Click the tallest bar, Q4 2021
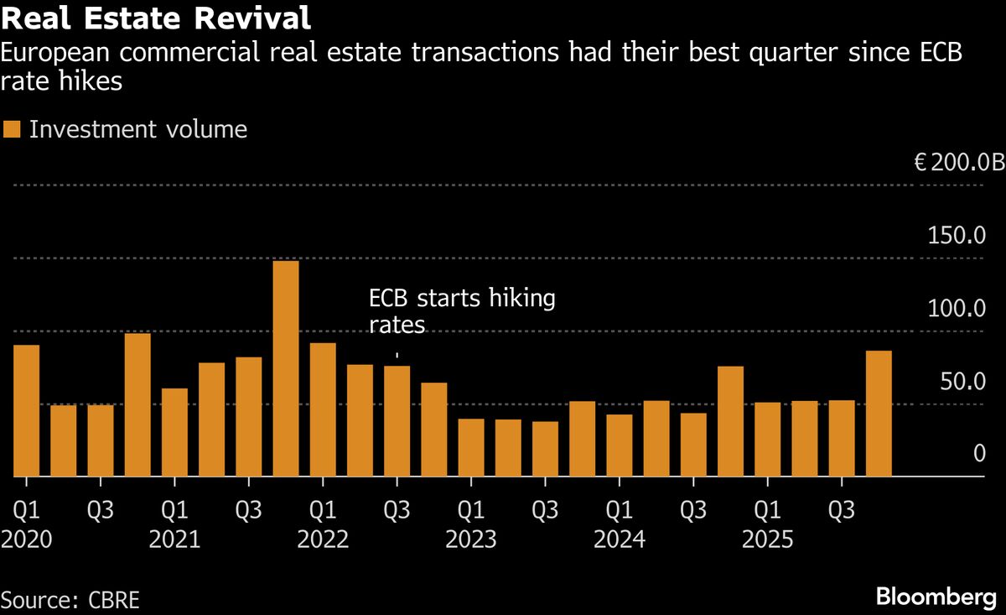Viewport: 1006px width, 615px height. (286, 369)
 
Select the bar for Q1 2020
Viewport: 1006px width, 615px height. (27, 411)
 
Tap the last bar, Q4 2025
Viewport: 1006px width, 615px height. (879, 414)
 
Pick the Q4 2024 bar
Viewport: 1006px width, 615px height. (730, 421)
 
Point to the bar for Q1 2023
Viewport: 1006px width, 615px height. (471, 447)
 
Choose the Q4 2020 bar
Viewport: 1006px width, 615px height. (137, 405)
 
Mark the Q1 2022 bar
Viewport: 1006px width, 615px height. (323, 409)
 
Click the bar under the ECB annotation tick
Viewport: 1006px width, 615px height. (397, 421)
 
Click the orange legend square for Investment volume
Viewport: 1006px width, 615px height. (12, 129)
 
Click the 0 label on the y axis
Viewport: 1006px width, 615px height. (977, 454)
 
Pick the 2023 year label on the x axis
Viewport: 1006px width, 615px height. (470, 539)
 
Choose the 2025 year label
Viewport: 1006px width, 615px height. (767, 539)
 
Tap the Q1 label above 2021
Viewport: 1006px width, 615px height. (174, 509)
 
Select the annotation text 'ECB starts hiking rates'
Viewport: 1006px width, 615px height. (462, 311)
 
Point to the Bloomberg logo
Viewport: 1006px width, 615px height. (936, 597)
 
